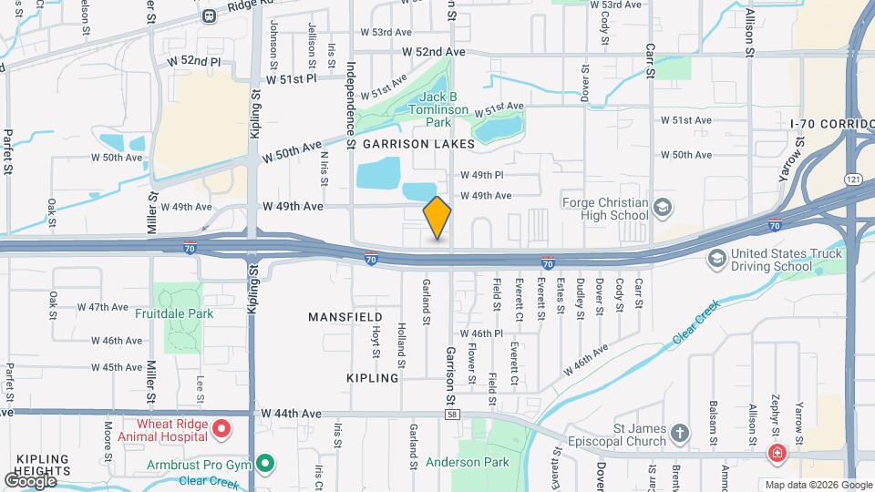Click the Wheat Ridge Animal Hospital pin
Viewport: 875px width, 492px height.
221,427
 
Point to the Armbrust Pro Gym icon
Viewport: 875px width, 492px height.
265,464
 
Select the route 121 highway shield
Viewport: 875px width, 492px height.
853,179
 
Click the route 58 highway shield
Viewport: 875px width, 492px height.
451,414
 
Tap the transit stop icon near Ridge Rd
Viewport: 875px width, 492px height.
210,15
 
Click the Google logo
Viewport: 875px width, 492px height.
30,480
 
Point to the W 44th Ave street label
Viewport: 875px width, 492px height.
291,414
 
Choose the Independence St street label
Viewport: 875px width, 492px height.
350,100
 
